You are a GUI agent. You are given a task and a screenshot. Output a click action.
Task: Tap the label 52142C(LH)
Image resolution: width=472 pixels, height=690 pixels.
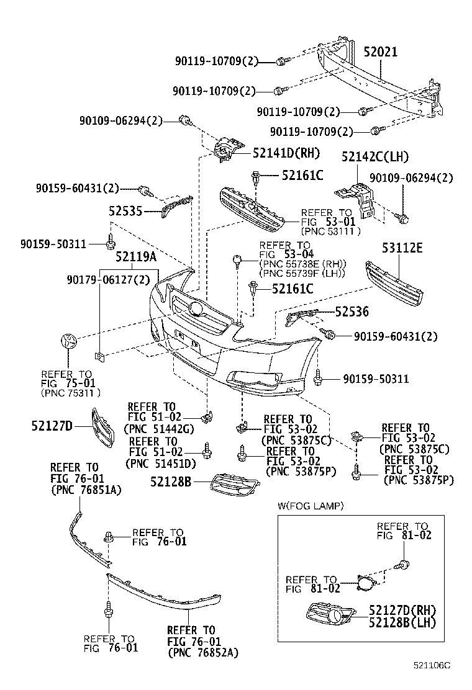374,157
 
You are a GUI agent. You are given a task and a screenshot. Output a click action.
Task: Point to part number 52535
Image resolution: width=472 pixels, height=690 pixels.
126,212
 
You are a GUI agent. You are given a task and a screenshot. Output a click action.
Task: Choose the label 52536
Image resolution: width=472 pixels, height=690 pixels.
352,312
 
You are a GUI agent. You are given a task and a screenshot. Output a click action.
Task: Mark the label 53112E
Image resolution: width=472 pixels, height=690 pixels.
401,249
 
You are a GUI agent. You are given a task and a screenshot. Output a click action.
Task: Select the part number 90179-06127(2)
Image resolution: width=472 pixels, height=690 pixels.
108,280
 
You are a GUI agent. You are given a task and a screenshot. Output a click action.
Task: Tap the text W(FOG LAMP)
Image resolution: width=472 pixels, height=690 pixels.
311,506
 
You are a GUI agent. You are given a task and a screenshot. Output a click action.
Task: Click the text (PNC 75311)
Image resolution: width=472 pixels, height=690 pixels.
71,393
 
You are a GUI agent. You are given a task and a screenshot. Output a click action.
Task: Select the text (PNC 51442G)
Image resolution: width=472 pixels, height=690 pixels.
159,428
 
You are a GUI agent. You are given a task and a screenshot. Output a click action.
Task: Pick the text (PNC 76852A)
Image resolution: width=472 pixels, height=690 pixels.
203,653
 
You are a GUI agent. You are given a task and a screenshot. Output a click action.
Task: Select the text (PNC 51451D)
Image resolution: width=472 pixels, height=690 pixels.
160,463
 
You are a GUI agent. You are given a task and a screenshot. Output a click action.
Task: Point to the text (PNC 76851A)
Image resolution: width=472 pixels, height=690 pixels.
86,490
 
